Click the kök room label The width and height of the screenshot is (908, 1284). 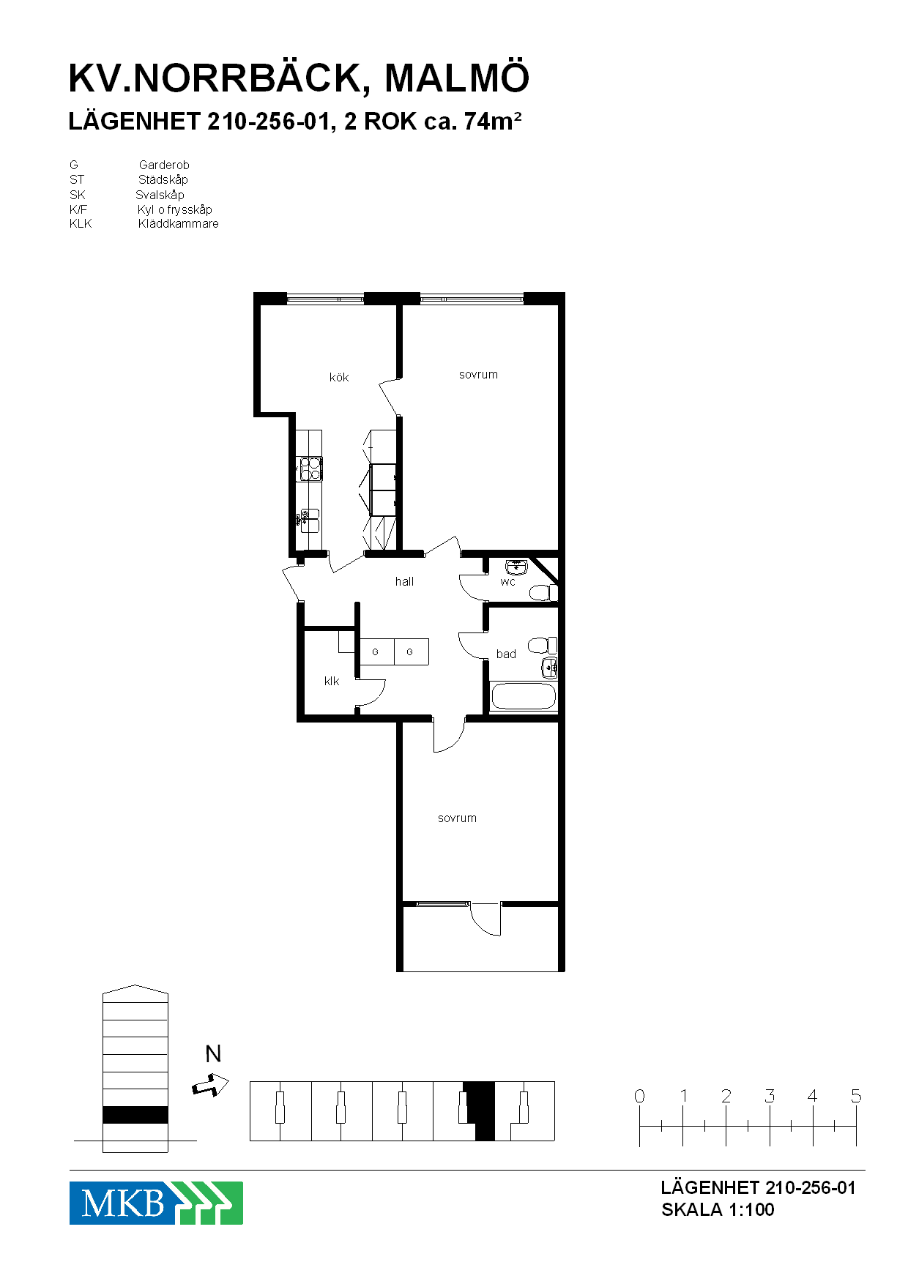pos(339,378)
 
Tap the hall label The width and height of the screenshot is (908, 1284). pos(404,581)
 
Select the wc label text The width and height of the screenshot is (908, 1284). pos(507,583)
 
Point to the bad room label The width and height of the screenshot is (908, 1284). pos(506,654)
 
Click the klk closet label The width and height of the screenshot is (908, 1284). pos(332,681)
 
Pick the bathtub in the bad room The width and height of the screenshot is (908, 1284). pos(524,696)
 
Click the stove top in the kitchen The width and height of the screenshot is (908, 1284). pos(309,469)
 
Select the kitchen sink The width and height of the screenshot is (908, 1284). pos(309,520)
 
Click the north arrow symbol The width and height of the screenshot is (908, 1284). pos(211,1084)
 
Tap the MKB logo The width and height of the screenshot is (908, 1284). pos(156,1203)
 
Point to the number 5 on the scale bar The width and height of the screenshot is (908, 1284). pos(856,1096)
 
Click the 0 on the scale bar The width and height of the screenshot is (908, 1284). pos(639,1096)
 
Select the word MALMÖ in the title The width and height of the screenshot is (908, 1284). pos(456,78)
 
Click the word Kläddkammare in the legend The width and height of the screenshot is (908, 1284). pos(178,224)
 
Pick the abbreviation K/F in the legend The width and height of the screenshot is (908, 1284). pos(78,209)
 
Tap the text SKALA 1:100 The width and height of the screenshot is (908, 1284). pos(718,1209)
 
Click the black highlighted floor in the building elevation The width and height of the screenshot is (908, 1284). pos(135,1115)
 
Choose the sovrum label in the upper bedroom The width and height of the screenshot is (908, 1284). pos(478,375)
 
